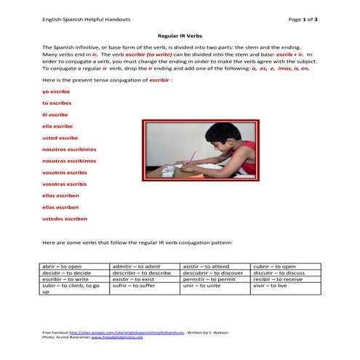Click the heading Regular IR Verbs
click(x=180, y=35)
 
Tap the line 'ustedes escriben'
click(x=65, y=218)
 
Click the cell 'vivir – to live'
click(x=271, y=287)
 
